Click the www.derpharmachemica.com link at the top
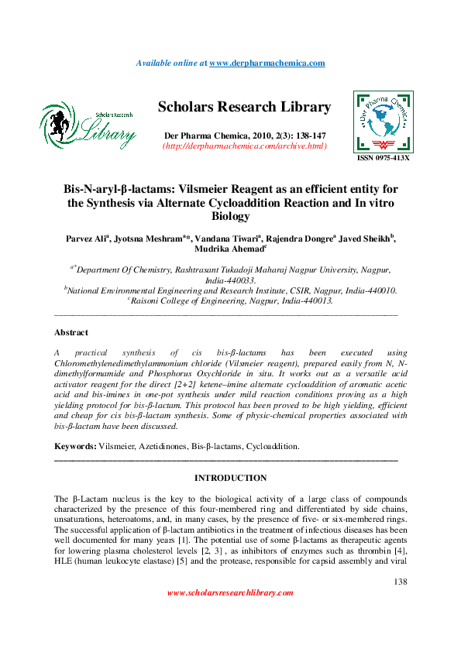[267, 63]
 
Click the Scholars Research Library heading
[244, 108]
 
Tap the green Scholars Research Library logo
[88, 126]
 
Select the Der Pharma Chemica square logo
[382, 122]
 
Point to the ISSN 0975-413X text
[383, 158]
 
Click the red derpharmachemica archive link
[244, 146]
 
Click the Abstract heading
[71, 332]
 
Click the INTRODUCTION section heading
[230, 478]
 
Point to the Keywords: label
[75, 447]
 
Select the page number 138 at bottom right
[400, 582]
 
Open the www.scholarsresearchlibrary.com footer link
[230, 593]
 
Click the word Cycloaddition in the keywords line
[272, 447]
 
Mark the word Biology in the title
[230, 218]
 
